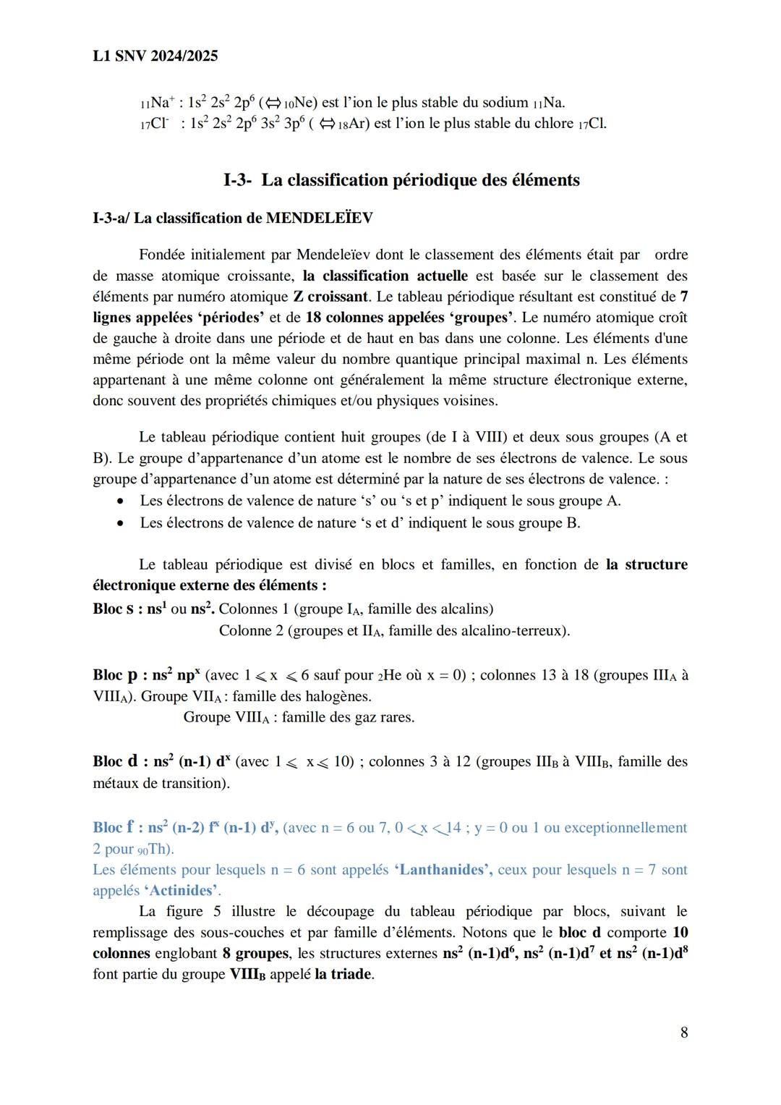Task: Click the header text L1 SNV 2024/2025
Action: (x=155, y=56)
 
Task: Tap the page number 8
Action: (x=683, y=1032)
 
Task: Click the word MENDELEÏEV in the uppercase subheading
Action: (x=319, y=218)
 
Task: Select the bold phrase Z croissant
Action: (x=331, y=297)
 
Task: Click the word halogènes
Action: (x=338, y=696)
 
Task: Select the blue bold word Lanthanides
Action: (x=443, y=870)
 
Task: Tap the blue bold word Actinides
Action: (x=182, y=891)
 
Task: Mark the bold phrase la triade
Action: (x=343, y=974)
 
